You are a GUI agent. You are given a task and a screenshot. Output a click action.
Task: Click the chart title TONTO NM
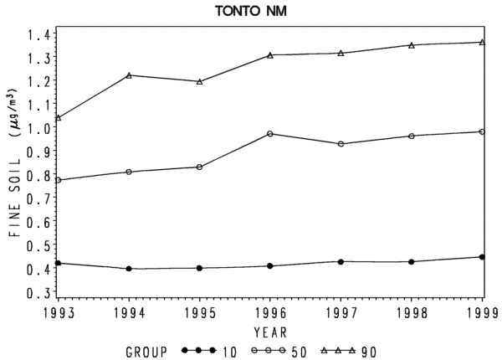tap(251, 11)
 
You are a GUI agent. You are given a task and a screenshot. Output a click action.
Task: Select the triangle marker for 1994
tap(129, 75)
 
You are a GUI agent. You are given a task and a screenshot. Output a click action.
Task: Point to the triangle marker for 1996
tap(270, 55)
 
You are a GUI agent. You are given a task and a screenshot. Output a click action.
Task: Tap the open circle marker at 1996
tap(270, 134)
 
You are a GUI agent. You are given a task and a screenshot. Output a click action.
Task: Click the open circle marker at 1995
tap(199, 167)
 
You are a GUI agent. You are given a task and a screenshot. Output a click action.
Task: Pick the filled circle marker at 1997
tap(341, 262)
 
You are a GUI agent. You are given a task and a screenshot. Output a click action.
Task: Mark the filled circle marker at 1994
tap(129, 269)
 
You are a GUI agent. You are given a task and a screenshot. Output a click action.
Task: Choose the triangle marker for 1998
tap(412, 45)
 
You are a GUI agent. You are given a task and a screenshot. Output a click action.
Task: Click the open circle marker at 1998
tap(412, 136)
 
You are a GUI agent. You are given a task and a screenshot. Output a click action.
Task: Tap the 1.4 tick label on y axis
tap(38, 35)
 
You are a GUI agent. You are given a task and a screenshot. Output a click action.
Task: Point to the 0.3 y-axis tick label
tap(38, 292)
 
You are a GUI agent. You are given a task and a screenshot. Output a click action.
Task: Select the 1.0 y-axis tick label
tap(38, 129)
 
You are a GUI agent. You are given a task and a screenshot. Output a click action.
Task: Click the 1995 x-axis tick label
tap(199, 313)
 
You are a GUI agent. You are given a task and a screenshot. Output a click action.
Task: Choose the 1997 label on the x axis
tap(341, 313)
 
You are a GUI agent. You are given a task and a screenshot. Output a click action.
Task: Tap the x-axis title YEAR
tap(270, 332)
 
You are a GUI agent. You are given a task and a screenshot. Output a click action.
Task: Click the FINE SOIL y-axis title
tap(15, 198)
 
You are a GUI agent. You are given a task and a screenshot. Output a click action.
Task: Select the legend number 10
tap(229, 352)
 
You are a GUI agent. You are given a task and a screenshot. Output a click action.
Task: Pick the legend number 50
tap(299, 352)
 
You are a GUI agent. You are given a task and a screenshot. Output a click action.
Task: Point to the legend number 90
tap(369, 352)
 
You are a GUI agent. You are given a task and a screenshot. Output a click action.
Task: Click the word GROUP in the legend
tap(146, 352)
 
